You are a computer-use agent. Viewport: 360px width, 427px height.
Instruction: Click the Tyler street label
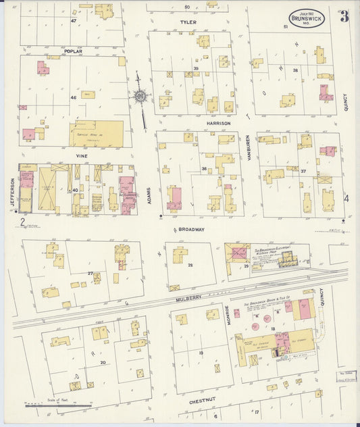tap(188, 22)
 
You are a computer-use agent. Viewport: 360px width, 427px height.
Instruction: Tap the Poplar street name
tap(73, 51)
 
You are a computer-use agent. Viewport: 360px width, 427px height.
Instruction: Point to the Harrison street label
tap(219, 124)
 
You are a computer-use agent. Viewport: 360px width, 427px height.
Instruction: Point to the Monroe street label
tap(228, 316)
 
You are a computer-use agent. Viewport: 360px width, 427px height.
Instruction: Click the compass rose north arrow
tap(140, 97)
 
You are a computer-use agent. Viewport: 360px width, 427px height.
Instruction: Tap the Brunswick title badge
tap(307, 18)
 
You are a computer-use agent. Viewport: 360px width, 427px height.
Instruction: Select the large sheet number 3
tap(344, 17)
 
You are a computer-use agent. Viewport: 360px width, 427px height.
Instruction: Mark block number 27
tap(90, 273)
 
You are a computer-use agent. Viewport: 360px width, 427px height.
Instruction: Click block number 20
tap(103, 362)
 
